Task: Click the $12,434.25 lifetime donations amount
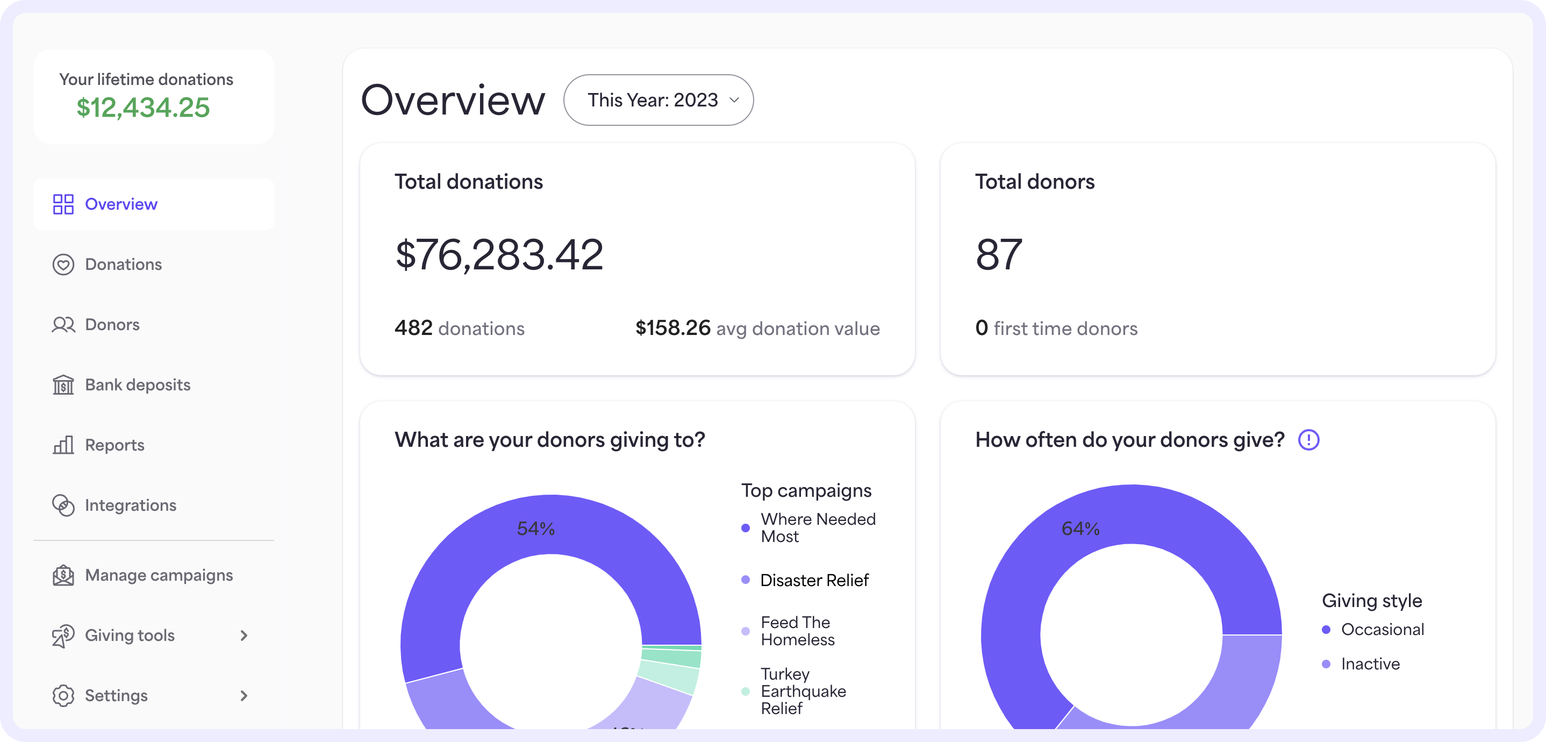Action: (143, 108)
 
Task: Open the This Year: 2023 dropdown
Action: (659, 99)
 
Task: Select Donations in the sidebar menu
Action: (123, 264)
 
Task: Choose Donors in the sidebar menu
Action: (112, 324)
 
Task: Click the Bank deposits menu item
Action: (138, 384)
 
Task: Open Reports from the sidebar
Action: (114, 445)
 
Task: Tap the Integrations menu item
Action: (130, 505)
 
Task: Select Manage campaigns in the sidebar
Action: (159, 575)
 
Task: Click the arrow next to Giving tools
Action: (244, 635)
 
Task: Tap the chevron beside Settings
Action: (244, 695)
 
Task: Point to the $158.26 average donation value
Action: (673, 328)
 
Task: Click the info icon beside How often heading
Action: (1308, 440)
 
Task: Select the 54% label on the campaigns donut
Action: (535, 529)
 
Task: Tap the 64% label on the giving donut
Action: (1080, 529)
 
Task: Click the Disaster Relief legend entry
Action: (814, 580)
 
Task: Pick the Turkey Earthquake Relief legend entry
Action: (803, 691)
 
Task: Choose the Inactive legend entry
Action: (1370, 663)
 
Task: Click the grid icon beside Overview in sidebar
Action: (63, 204)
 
